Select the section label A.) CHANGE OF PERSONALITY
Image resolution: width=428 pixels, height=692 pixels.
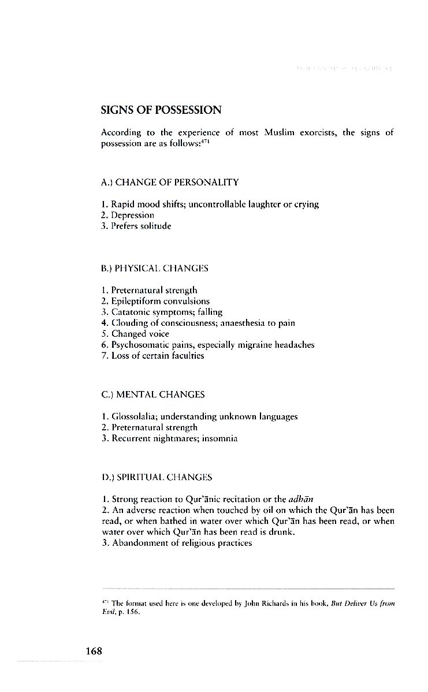(x=170, y=183)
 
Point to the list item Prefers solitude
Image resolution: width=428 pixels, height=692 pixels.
(x=136, y=226)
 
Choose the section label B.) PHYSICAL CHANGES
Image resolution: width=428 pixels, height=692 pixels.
(x=155, y=269)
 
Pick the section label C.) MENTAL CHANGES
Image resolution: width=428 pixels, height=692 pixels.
(x=153, y=395)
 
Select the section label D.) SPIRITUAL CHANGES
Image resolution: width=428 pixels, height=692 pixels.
(x=157, y=478)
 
